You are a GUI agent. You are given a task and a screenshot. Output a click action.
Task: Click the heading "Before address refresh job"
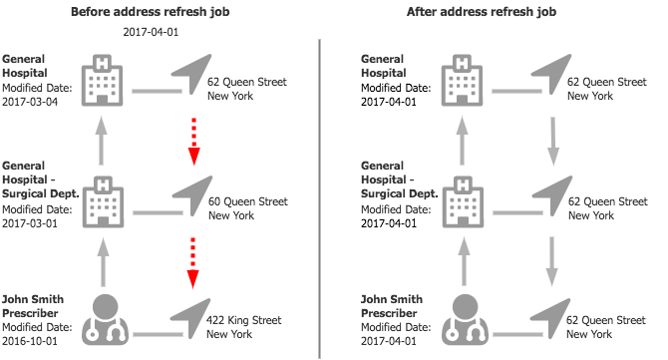pos(150,12)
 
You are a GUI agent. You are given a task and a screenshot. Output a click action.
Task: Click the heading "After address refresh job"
pos(482,12)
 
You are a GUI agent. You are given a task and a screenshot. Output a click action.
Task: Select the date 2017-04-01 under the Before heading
pos(151,32)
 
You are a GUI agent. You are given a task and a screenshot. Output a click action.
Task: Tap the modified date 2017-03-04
pos(30,102)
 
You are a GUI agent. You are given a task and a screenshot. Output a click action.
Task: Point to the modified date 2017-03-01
pos(30,223)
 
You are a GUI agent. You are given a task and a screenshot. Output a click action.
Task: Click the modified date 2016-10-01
pos(30,341)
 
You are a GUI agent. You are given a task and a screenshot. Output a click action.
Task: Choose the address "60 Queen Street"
pos(248,201)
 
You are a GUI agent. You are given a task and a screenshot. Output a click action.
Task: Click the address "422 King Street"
pos(243,320)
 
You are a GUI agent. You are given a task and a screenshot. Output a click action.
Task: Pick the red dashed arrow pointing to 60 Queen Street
pos(193,142)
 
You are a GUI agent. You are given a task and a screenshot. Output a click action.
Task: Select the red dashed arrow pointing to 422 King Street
pos(193,263)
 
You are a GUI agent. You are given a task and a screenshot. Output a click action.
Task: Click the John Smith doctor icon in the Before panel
pos(105,319)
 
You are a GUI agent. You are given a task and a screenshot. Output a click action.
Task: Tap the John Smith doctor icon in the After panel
pos(465,319)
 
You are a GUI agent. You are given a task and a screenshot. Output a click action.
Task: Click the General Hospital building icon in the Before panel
pos(103,80)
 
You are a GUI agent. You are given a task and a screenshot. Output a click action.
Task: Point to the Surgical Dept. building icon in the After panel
pos(463,202)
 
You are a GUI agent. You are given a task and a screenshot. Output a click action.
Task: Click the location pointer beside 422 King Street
pos(190,317)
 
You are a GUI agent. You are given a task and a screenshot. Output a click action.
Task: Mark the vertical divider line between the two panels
pos(319,199)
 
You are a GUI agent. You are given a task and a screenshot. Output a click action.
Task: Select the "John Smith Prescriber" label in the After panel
pos(392,306)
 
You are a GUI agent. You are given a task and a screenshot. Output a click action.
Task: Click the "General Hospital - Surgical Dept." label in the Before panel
pos(41,180)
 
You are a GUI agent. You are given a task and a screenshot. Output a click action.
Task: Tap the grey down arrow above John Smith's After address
pos(551,261)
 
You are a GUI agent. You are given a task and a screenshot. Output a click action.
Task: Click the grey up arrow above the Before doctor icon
pos(103,262)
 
